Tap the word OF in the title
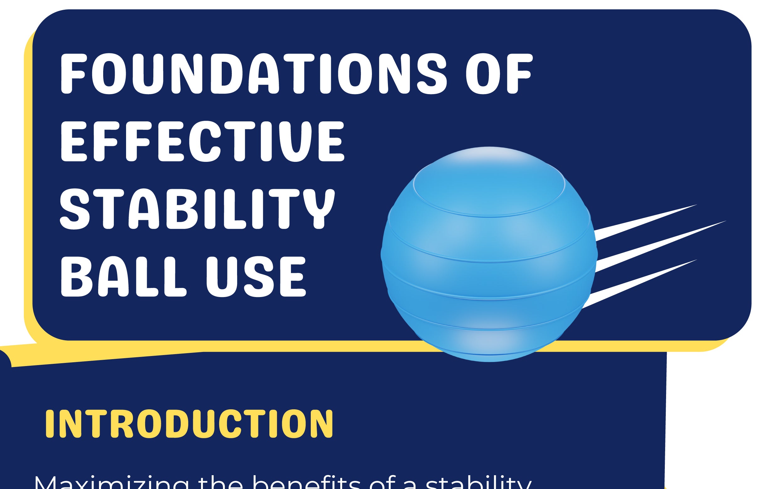499,74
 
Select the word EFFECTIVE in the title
202,141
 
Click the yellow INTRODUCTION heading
189,424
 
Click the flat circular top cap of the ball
489,184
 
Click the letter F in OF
519,74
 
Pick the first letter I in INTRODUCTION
50,424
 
